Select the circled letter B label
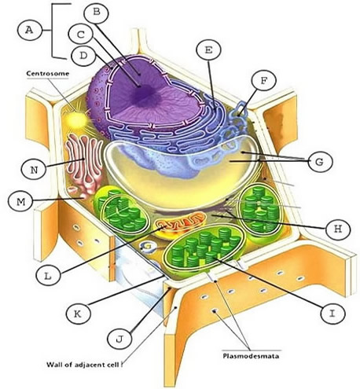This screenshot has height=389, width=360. pyautogui.click(x=95, y=12)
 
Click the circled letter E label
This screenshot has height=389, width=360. pyautogui.click(x=208, y=50)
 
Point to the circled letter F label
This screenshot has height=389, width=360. pyautogui.click(x=263, y=80)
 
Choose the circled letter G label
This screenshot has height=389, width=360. pyautogui.click(x=318, y=162)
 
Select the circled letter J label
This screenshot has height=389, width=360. pyautogui.click(x=119, y=339)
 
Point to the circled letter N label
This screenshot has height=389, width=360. pyautogui.click(x=31, y=167)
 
